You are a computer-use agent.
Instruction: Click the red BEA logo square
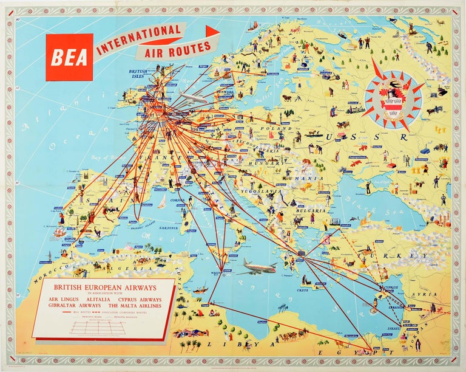(69, 57)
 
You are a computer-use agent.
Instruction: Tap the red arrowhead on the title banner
(212, 32)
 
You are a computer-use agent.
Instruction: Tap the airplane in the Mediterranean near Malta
(256, 266)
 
